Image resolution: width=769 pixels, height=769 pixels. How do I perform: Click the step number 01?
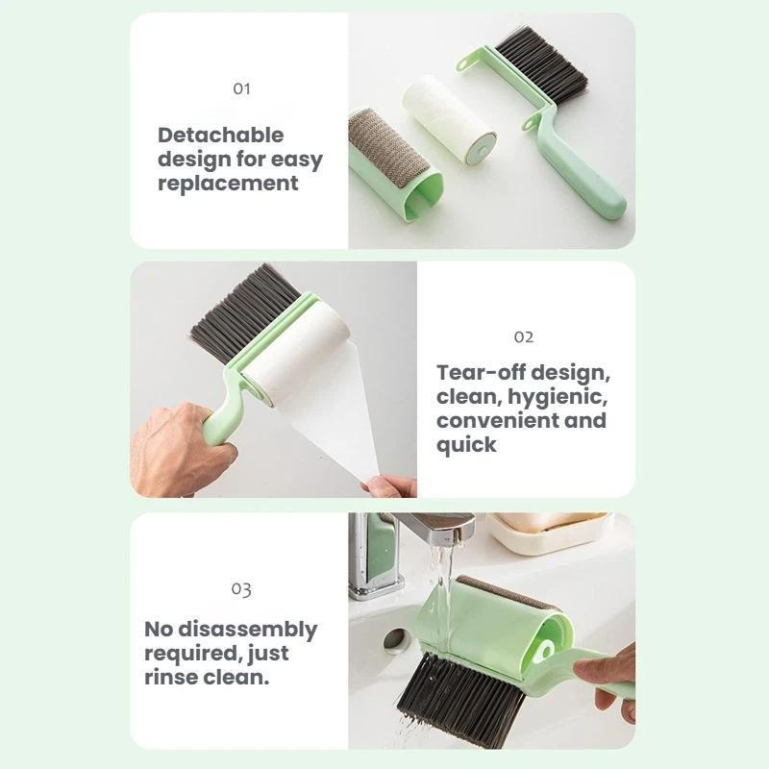[241, 88]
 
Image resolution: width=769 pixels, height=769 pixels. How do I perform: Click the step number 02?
[524, 336]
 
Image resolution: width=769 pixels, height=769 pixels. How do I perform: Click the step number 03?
[241, 588]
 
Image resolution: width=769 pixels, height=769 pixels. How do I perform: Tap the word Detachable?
[221, 135]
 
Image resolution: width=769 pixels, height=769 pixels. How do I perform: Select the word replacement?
[228, 184]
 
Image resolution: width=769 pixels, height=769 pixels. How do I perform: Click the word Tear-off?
[482, 372]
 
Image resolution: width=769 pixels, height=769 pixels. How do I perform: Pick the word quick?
[466, 445]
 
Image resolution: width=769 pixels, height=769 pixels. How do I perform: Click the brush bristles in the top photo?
[543, 65]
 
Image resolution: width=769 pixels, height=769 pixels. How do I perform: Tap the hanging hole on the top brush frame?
[468, 64]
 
